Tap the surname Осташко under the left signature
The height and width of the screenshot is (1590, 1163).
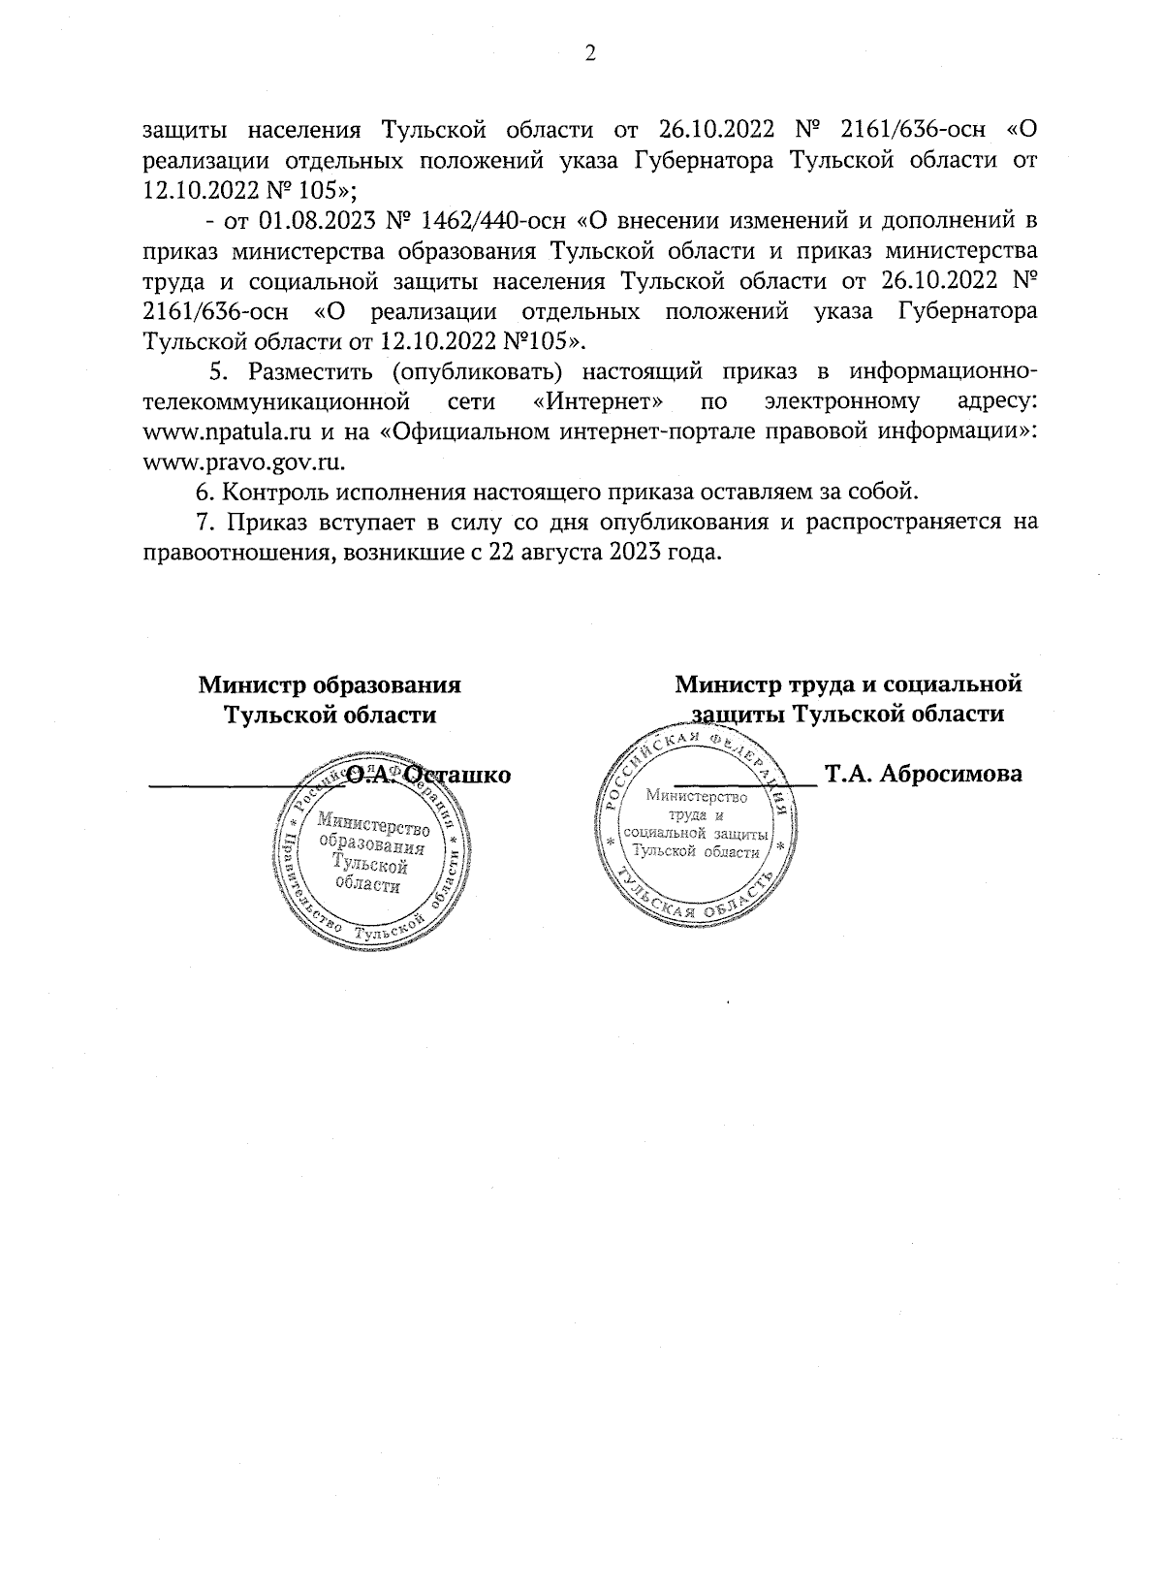tap(456, 775)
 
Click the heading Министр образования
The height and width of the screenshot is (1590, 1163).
tap(330, 684)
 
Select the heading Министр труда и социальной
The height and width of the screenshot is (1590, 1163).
tap(848, 684)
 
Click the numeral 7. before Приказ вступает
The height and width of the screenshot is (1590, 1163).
tap(204, 523)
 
